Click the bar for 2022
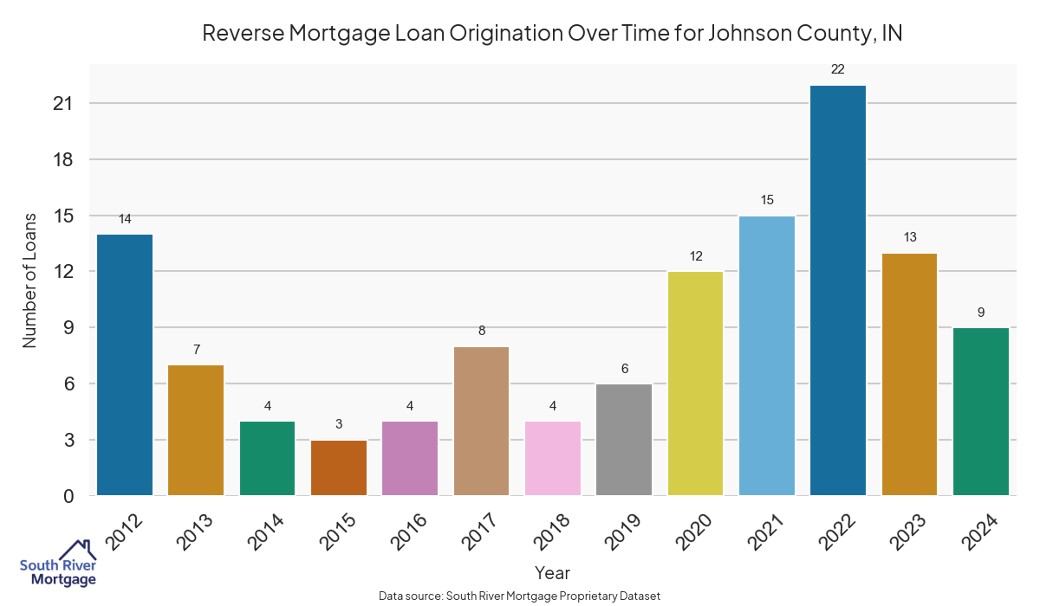tap(838, 290)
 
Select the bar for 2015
tap(339, 467)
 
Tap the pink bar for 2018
tap(553, 458)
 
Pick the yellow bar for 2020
tap(696, 383)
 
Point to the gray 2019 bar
tap(624, 439)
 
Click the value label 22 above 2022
tap(838, 69)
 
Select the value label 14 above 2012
tap(125, 219)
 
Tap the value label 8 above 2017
tap(482, 331)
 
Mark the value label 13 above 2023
tap(909, 237)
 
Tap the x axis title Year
tap(552, 573)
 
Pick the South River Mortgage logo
tap(58, 564)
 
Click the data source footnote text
tap(520, 596)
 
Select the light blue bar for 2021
tap(767, 355)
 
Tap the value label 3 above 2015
tap(339, 424)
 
